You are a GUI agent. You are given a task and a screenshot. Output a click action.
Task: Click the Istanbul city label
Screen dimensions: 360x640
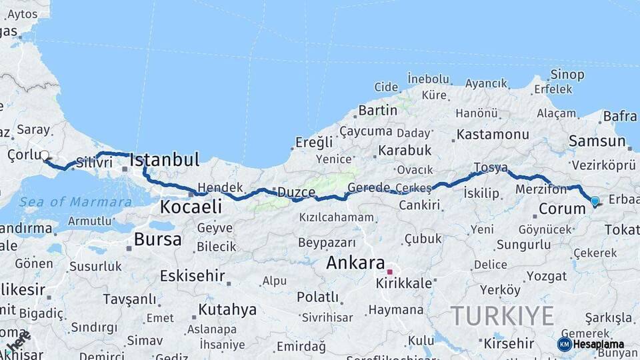(164, 160)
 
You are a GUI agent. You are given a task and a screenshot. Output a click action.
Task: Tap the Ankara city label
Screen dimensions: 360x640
(355, 263)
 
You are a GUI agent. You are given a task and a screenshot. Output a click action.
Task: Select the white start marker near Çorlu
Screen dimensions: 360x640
(45, 156)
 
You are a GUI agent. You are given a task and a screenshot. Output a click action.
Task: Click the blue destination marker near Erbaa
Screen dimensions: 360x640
(595, 201)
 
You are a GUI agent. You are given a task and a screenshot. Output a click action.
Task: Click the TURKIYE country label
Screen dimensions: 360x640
(503, 315)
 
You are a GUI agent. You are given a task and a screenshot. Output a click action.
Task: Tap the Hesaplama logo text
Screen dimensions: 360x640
(598, 345)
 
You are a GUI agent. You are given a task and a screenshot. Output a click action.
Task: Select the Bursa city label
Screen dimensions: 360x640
(157, 239)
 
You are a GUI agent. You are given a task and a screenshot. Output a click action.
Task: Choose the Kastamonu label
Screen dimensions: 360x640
(493, 134)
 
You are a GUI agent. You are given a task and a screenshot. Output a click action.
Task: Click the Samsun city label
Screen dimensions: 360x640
(597, 141)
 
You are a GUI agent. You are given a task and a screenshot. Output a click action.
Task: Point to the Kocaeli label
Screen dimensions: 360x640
(190, 207)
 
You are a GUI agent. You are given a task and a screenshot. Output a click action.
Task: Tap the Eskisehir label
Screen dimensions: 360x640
(193, 275)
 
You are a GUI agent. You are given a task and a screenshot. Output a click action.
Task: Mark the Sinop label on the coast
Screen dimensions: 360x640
(567, 74)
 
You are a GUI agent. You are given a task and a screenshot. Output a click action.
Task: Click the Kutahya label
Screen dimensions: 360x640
(227, 309)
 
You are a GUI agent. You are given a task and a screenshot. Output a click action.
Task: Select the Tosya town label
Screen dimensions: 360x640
(491, 167)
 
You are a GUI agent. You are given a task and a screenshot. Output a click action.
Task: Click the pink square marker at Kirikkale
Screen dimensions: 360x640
(390, 272)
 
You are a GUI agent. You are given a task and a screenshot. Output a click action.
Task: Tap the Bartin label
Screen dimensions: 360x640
(378, 110)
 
